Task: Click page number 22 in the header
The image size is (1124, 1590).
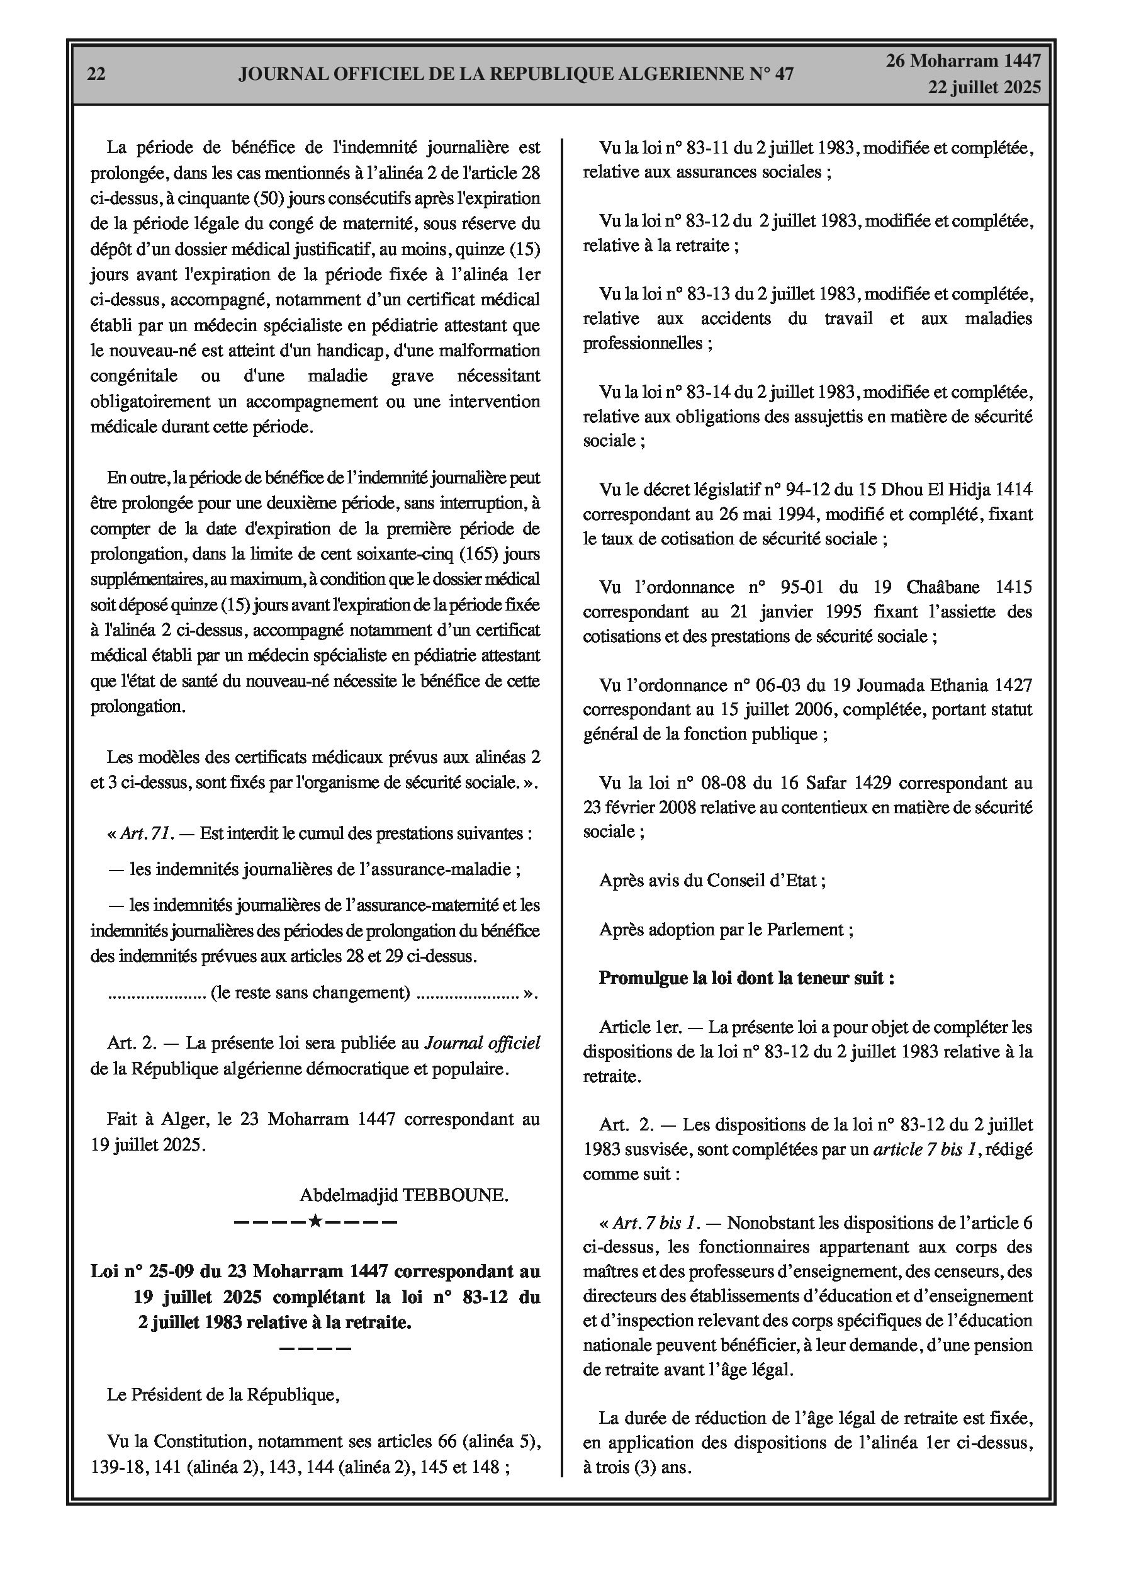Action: tap(96, 74)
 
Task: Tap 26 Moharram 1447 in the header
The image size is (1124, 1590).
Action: tap(964, 61)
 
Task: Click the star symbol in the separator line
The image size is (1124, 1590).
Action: tap(315, 1221)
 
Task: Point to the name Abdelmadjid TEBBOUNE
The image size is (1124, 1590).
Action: tap(404, 1195)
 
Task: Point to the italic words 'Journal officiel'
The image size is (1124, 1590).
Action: tap(482, 1044)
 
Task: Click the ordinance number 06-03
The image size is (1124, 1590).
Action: tap(778, 685)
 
